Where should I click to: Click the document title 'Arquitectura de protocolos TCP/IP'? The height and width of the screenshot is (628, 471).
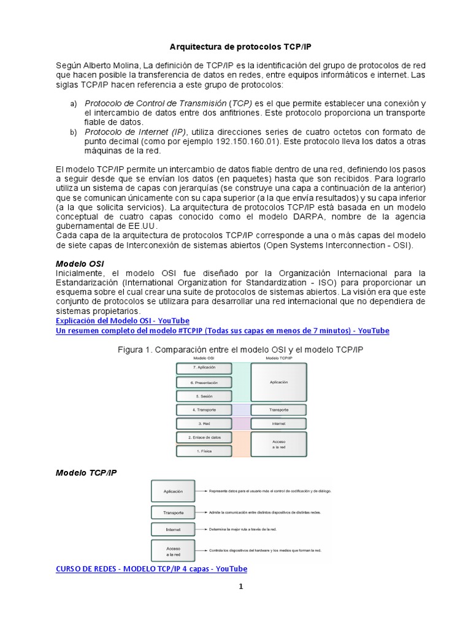(x=236, y=47)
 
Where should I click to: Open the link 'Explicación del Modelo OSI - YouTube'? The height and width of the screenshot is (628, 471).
(x=122, y=321)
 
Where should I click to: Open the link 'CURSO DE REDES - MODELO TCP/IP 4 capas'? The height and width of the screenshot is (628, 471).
(x=151, y=569)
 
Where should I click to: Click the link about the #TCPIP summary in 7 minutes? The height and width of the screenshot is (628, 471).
(x=222, y=331)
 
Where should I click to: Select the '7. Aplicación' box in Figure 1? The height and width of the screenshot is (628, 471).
(x=204, y=368)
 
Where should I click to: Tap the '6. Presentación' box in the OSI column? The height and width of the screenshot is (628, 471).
(x=204, y=382)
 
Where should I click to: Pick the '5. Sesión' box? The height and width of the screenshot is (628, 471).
(x=204, y=396)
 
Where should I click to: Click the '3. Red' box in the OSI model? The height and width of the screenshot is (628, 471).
(x=204, y=424)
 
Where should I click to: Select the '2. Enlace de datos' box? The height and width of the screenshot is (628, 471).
(x=204, y=437)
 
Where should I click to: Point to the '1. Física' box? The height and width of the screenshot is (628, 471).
(x=204, y=451)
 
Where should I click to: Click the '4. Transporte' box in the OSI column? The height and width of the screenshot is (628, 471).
(x=204, y=410)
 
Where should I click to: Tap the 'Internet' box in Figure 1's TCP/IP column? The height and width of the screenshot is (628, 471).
(x=279, y=424)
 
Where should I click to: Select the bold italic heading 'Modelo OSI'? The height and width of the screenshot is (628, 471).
(x=75, y=264)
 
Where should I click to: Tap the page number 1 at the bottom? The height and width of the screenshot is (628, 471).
(x=241, y=586)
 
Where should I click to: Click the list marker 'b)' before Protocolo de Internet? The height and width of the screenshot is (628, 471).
(x=73, y=132)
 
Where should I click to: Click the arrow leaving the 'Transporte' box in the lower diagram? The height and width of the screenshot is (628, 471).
(x=202, y=511)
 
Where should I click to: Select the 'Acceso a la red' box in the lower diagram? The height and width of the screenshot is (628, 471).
(x=173, y=550)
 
